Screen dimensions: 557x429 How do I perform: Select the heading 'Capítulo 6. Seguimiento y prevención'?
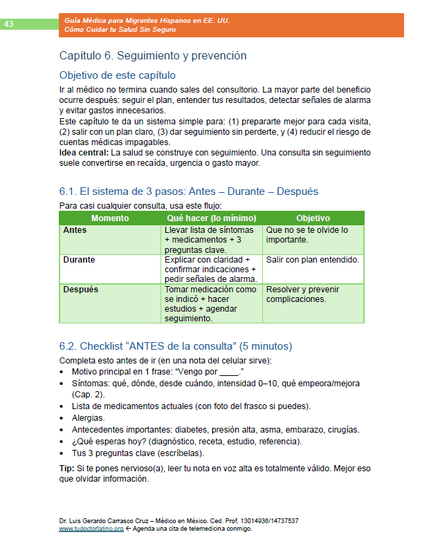(153, 55)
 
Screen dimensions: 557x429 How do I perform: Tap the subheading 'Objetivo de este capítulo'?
(118, 75)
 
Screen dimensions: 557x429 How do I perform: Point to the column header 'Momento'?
(110, 218)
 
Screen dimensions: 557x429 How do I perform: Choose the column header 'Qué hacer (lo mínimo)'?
(212, 218)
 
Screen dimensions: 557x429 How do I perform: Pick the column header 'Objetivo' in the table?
(313, 218)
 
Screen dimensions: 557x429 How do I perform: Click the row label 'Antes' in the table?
(75, 230)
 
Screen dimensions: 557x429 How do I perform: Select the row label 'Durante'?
(79, 260)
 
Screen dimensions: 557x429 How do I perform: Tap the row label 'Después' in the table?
(80, 290)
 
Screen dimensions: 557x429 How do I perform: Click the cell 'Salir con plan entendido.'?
(312, 260)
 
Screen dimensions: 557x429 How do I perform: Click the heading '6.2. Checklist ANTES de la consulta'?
(176, 346)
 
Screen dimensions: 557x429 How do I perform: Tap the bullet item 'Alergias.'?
(89, 417)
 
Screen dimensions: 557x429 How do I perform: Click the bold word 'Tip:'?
(68, 469)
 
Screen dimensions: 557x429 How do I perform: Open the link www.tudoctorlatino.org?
(91, 529)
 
